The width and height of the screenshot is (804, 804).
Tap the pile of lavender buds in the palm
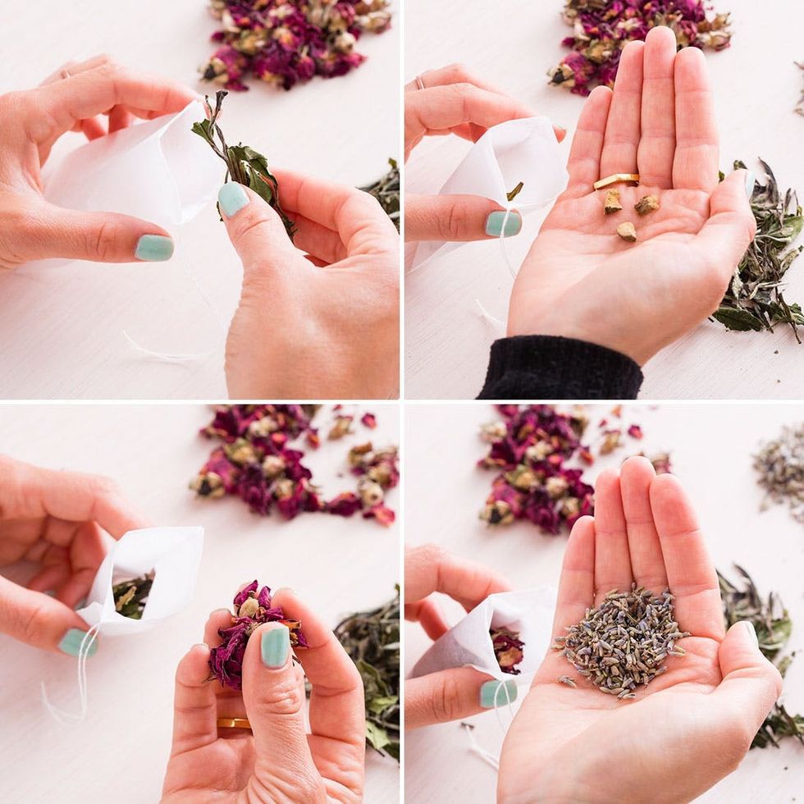[622, 640]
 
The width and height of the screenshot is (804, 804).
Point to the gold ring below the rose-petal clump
[234, 724]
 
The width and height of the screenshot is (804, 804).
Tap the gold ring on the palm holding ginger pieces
[615, 179]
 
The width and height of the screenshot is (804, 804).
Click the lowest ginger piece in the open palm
[627, 231]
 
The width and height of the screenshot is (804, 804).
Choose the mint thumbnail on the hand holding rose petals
[275, 646]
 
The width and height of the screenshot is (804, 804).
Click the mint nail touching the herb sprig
[233, 199]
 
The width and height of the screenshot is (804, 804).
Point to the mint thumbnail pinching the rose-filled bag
[497, 693]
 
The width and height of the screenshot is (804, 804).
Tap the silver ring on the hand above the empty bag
[420, 82]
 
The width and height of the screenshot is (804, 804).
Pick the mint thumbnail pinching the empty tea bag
[502, 223]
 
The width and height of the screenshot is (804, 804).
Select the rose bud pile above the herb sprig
[295, 41]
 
